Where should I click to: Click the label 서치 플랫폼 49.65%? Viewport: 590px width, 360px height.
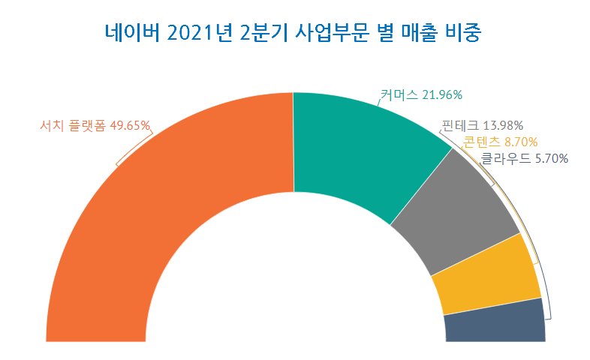click(x=95, y=125)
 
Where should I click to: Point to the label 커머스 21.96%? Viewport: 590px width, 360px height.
click(x=420, y=94)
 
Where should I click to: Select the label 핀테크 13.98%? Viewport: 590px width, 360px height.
click(x=482, y=125)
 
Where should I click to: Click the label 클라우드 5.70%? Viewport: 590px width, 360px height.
click(x=524, y=158)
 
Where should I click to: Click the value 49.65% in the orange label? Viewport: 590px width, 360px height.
click(x=130, y=125)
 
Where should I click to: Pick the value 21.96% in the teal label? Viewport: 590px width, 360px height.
click(x=442, y=94)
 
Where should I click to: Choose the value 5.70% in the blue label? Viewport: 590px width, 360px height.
click(x=550, y=158)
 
